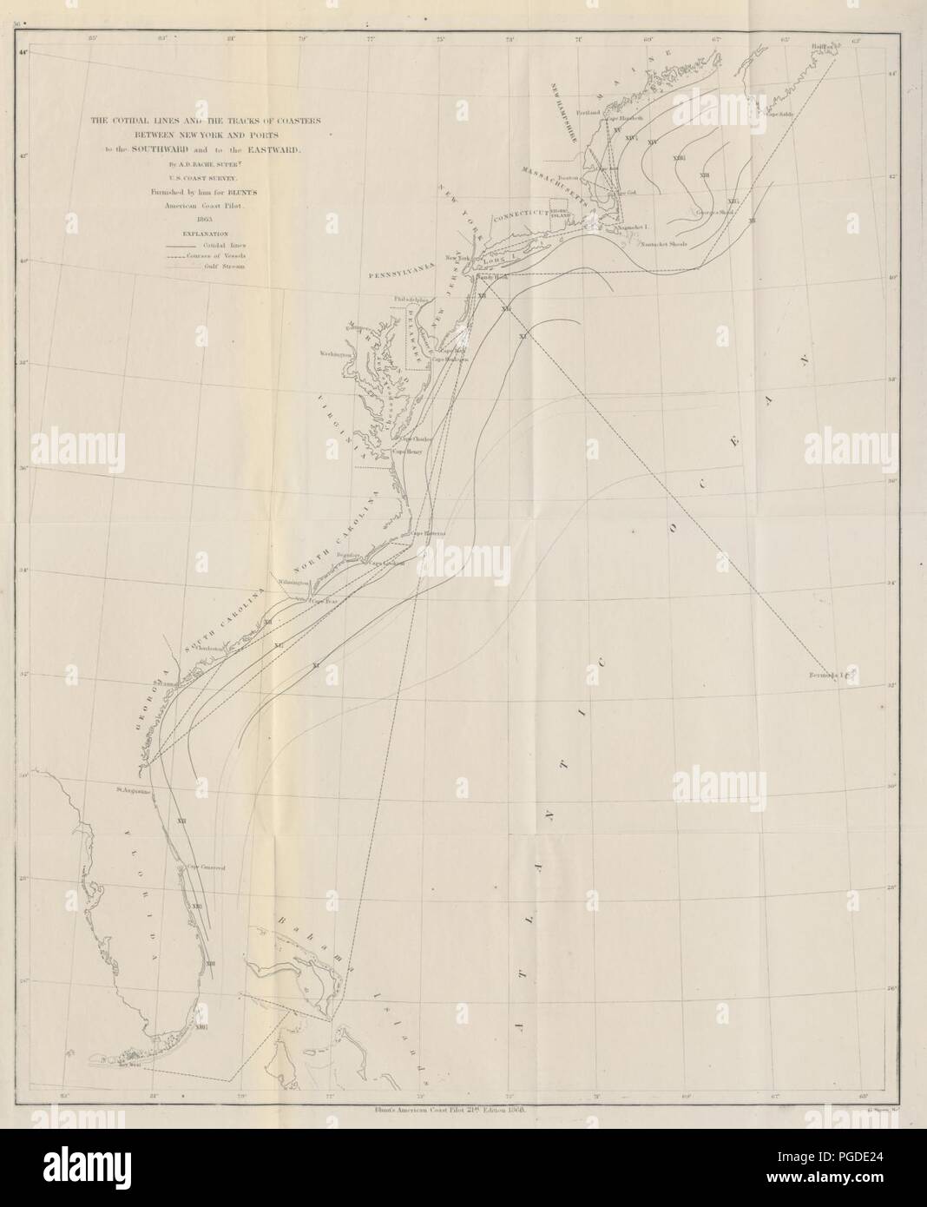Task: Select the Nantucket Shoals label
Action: [x=665, y=244]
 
